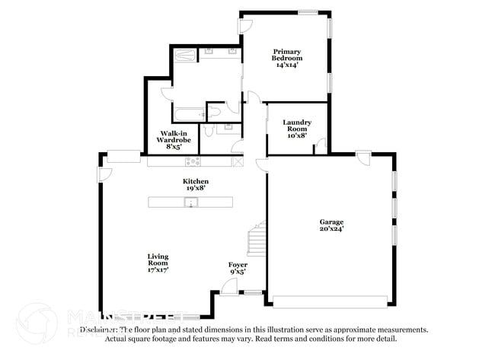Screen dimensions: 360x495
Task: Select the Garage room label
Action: (x=331, y=221)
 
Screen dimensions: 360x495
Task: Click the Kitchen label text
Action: (x=196, y=181)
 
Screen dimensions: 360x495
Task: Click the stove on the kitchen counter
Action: (x=193, y=161)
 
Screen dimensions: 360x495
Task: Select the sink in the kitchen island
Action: (x=191, y=202)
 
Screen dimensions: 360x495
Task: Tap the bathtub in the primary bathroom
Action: (x=188, y=115)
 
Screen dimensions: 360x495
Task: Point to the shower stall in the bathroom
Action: (x=186, y=55)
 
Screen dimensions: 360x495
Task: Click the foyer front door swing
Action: (x=227, y=285)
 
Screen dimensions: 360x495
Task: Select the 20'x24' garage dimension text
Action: (x=331, y=228)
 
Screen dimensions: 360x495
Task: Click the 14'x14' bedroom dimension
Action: (x=287, y=65)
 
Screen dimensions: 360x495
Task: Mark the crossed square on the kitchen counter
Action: (x=238, y=161)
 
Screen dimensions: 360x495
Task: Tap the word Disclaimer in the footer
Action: (x=99, y=330)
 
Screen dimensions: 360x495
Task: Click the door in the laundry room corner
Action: (x=321, y=145)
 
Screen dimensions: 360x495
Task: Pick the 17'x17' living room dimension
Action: (x=158, y=269)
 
